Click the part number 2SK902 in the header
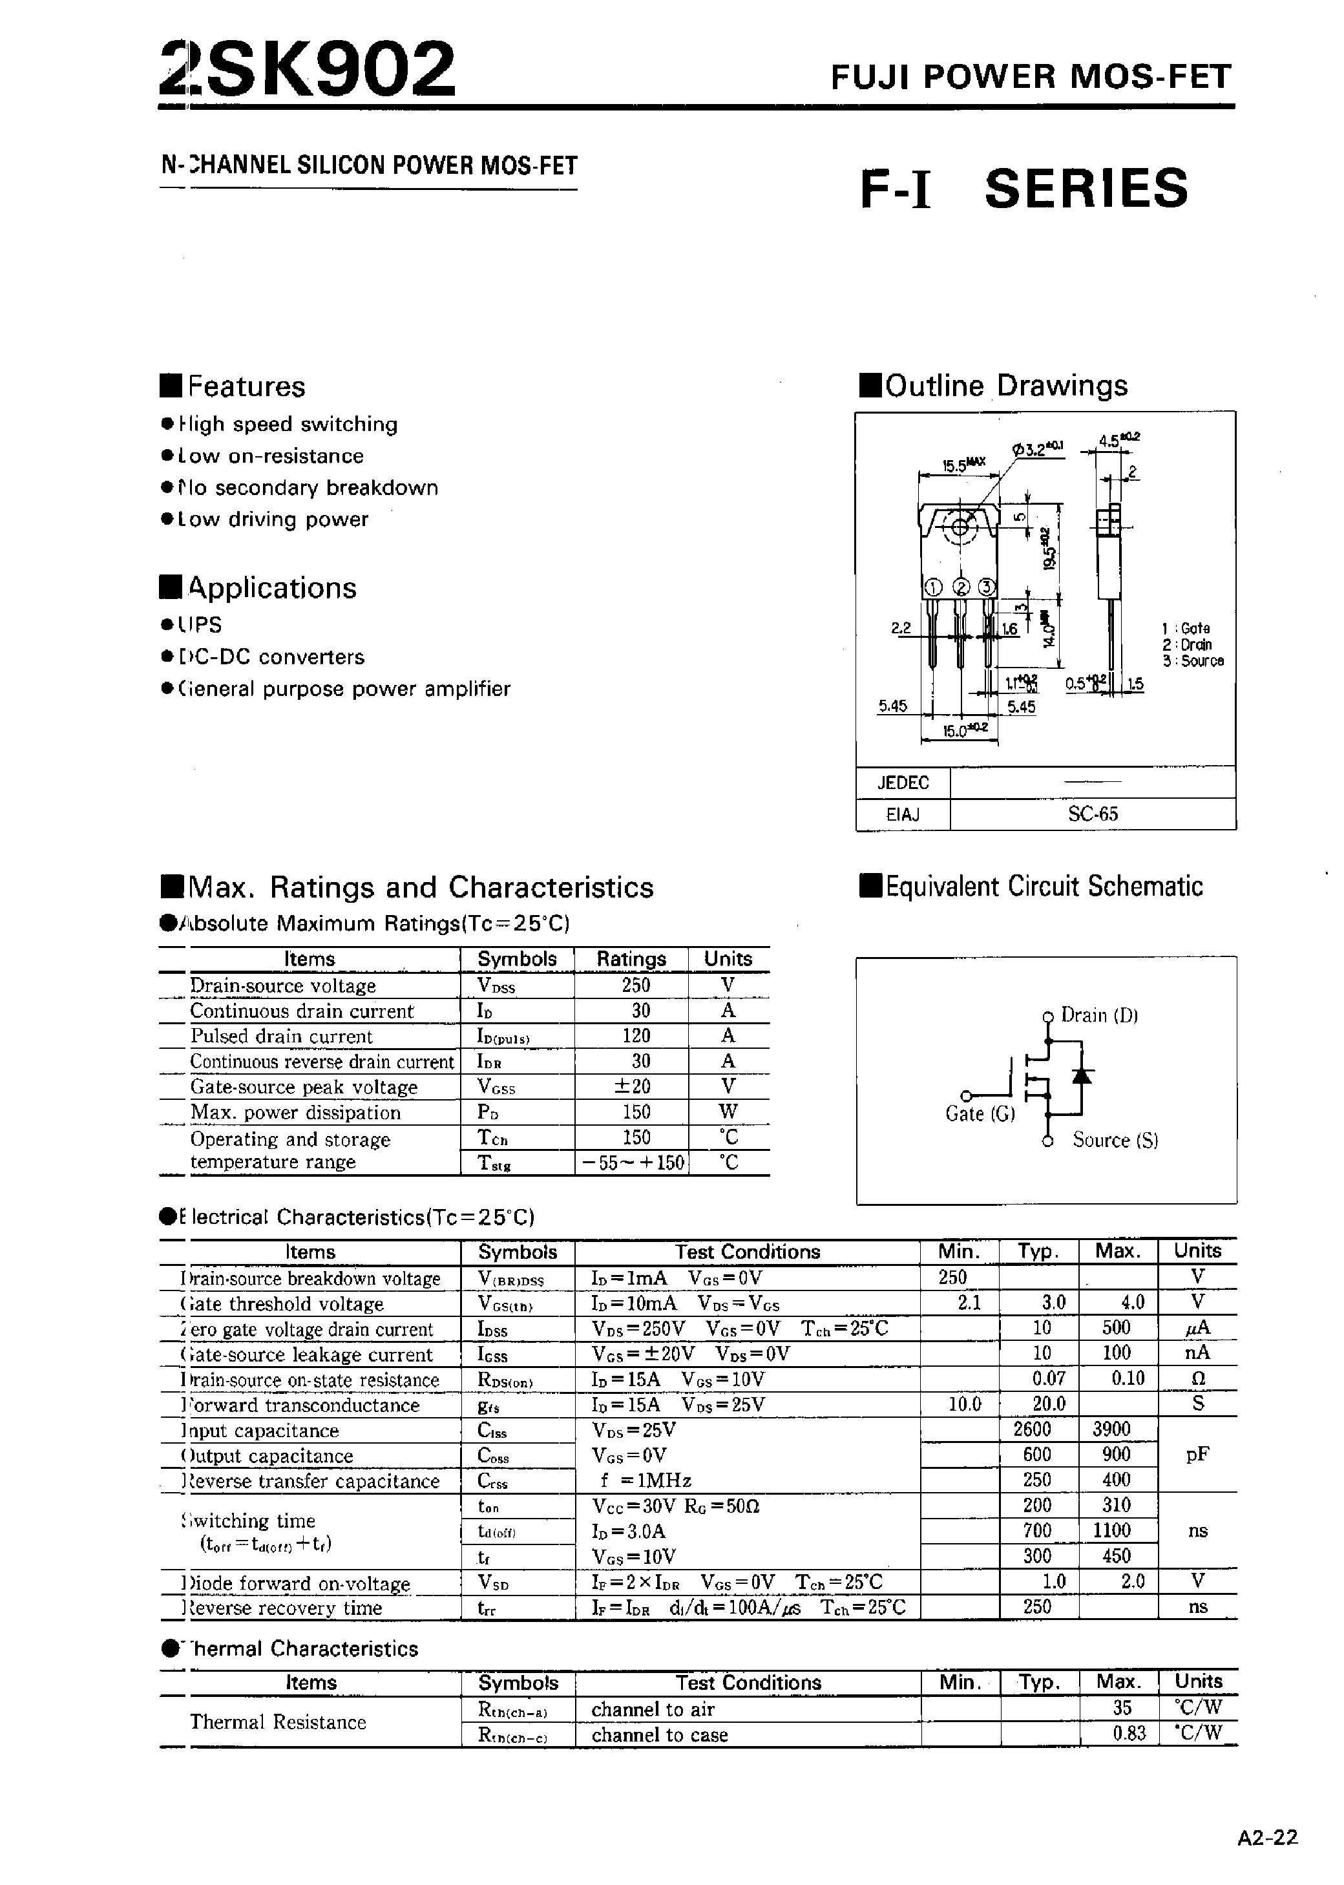tap(308, 70)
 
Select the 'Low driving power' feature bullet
tap(273, 520)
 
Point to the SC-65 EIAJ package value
tap(1093, 814)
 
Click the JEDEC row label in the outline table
tap(903, 783)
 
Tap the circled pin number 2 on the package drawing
tap(961, 587)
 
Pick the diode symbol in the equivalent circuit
tap(1082, 1075)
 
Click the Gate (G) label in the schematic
tap(980, 1115)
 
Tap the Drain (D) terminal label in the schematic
tap(1099, 1015)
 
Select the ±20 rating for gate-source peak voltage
tap(633, 1086)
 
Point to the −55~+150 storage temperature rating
tap(633, 1163)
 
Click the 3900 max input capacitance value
tap(1117, 1429)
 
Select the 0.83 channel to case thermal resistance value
tap(1129, 1732)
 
